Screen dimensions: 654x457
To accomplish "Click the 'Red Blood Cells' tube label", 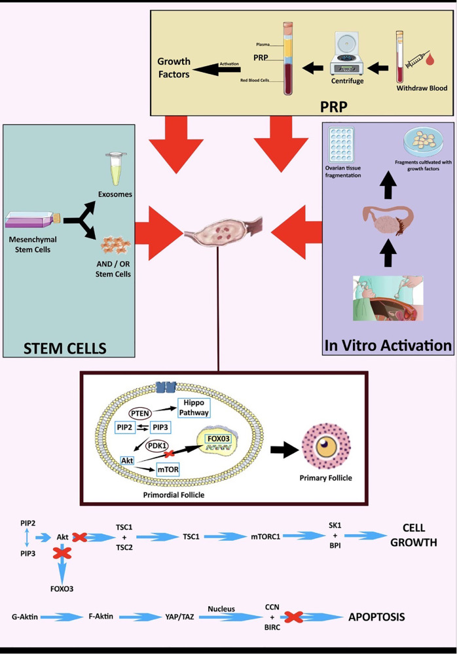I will tap(255, 80).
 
